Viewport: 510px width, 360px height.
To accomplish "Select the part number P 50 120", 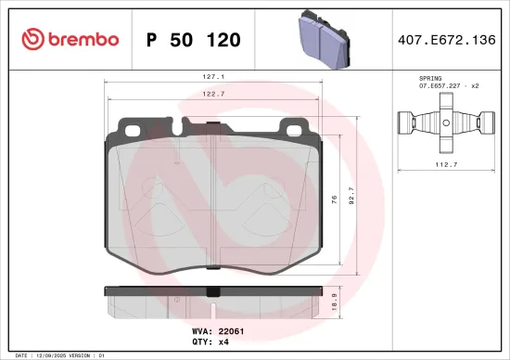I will pyautogui.click(x=194, y=40).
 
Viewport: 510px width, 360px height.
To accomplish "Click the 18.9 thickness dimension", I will pyautogui.click(x=350, y=300).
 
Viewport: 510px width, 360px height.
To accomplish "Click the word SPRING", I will pyautogui.click(x=431, y=79).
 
